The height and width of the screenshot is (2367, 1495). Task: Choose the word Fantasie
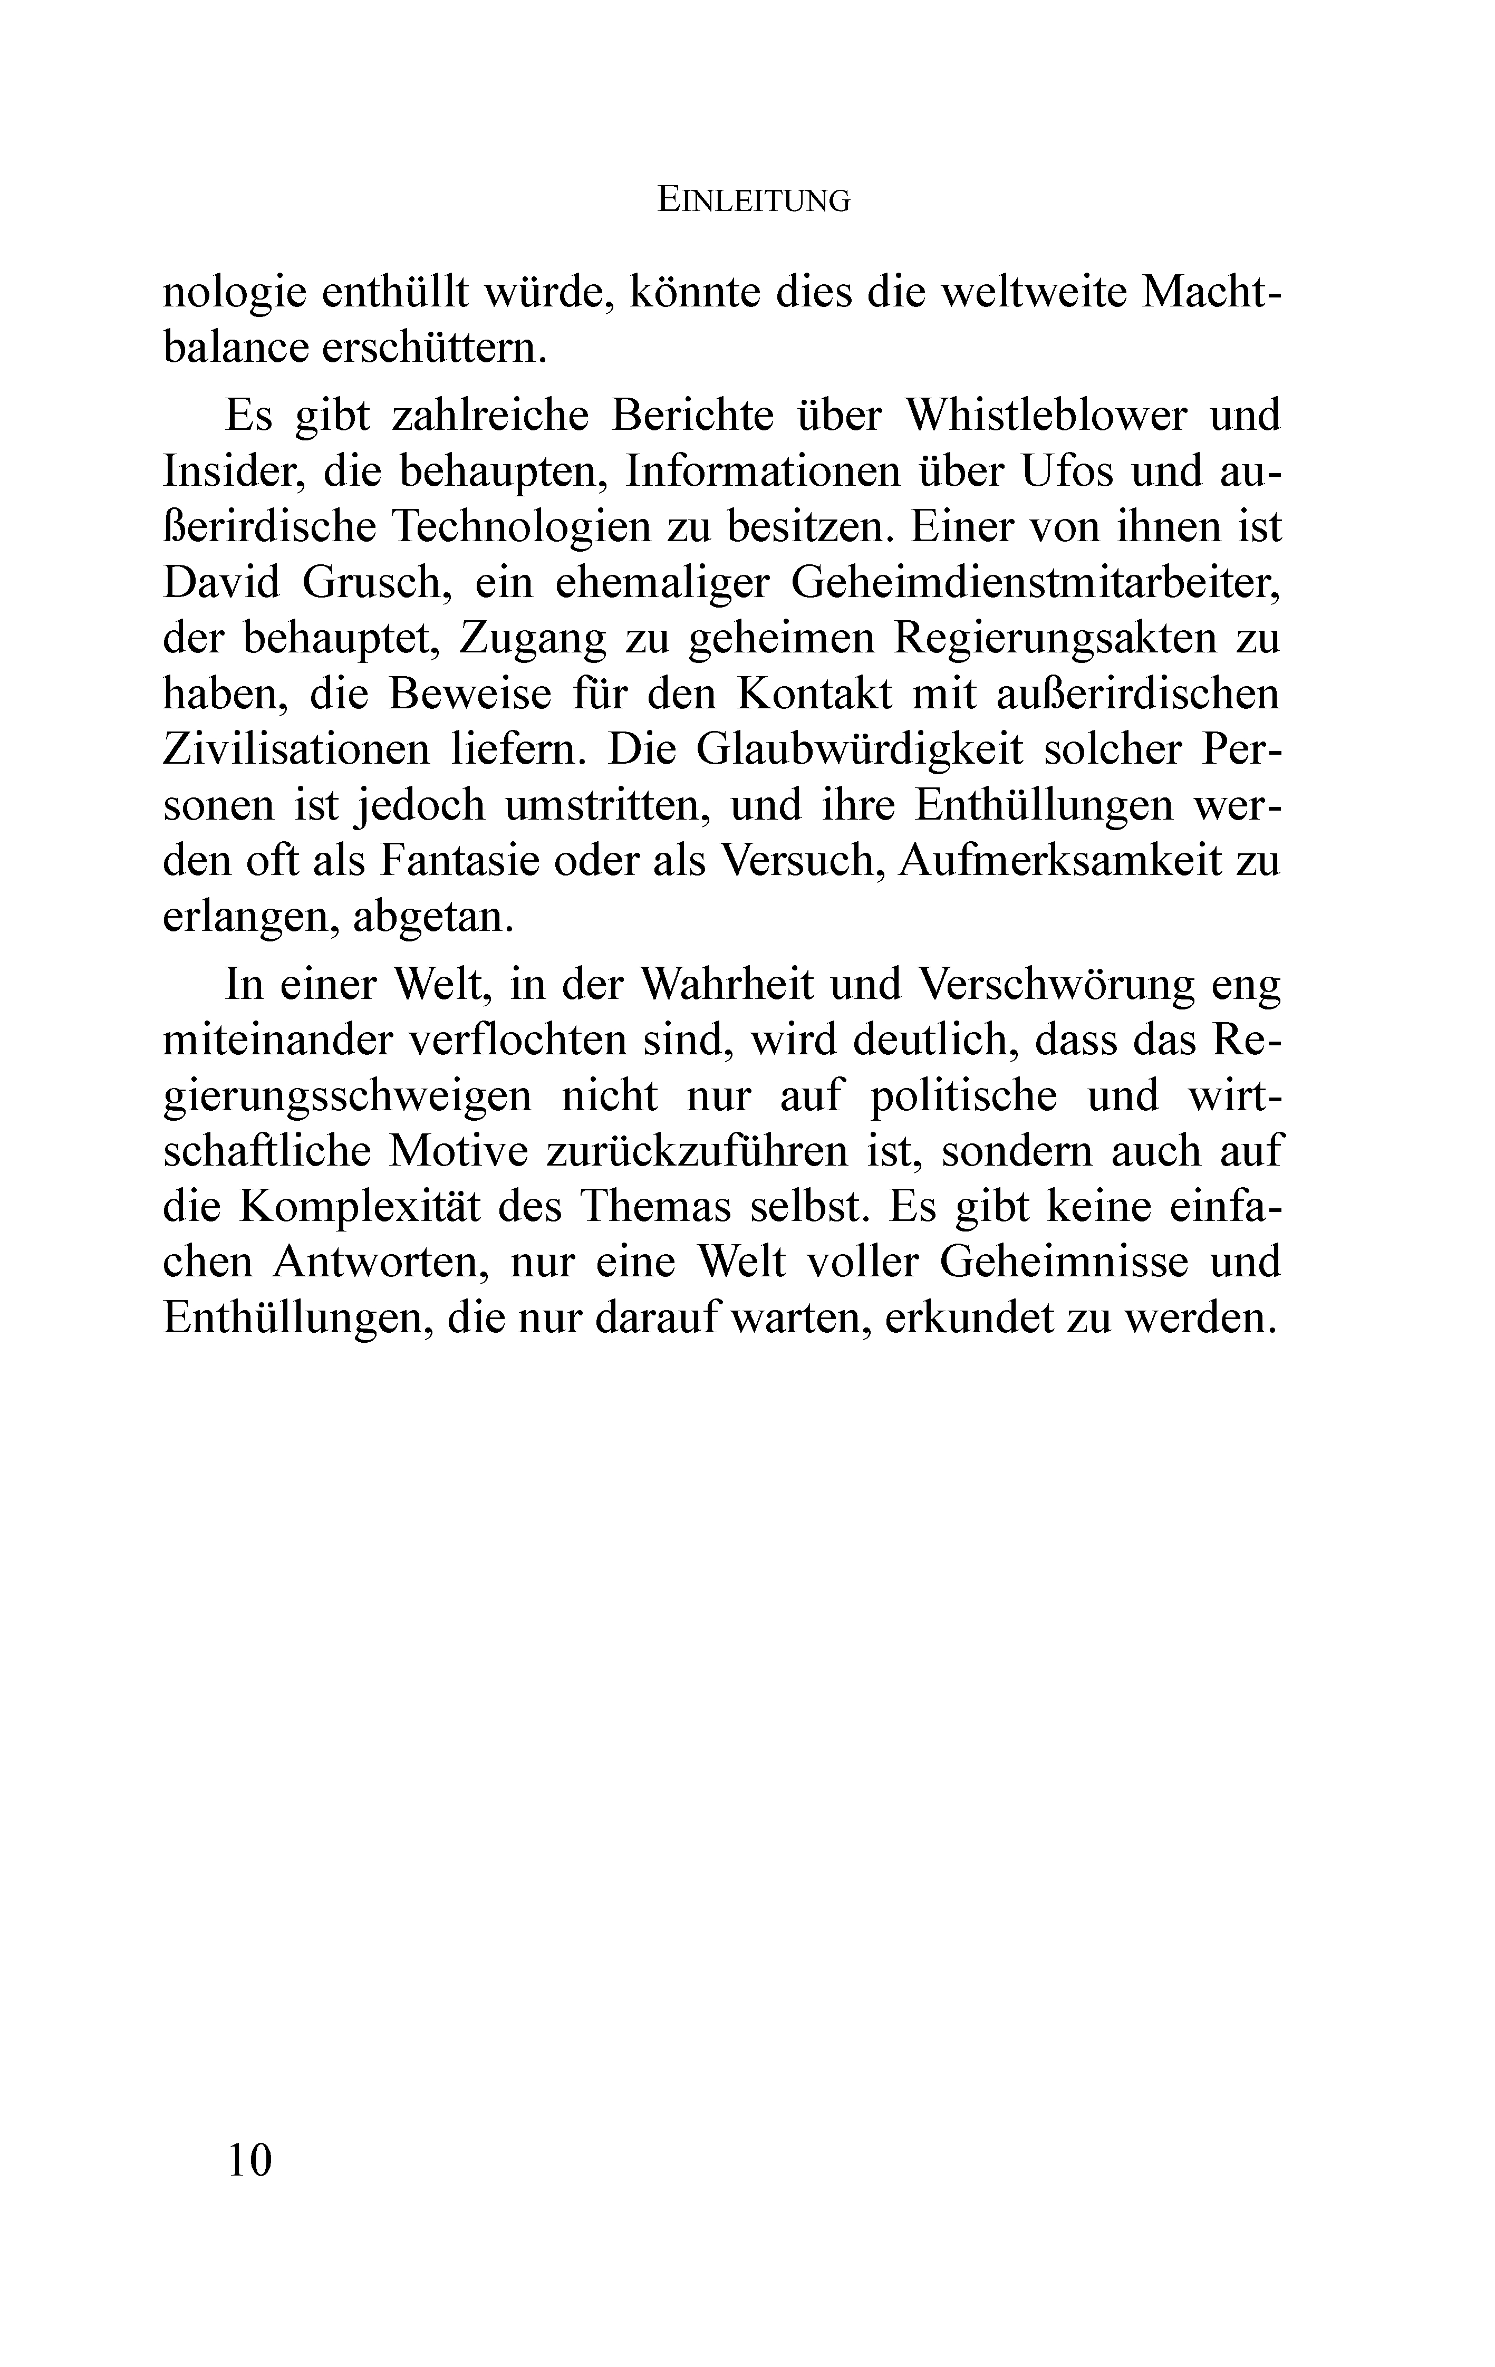coord(455,861)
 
